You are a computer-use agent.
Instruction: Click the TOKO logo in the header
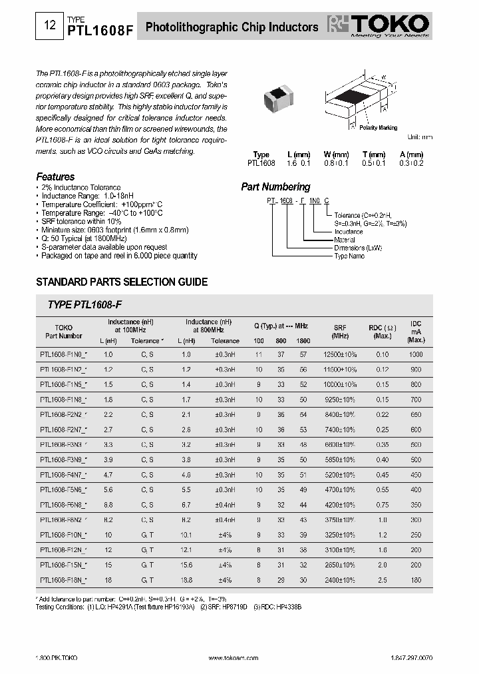point(382,27)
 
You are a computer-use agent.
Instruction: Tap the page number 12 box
point(49,27)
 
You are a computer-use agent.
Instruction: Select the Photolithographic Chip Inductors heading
point(232,27)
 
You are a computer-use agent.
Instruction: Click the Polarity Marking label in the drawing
point(378,127)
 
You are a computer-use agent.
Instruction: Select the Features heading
point(55,177)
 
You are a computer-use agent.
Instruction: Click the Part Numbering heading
point(275,187)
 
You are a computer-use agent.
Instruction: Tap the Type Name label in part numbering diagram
point(349,256)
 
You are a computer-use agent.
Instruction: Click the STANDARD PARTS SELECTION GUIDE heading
point(121,282)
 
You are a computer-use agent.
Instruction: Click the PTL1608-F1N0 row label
point(63,355)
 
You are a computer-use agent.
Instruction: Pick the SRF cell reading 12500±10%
point(340,355)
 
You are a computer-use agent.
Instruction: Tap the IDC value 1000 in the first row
point(416,355)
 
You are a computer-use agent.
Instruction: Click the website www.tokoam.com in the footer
point(229,657)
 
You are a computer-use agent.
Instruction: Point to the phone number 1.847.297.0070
point(408,657)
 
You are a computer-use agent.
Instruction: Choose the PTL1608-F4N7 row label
point(63,475)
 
